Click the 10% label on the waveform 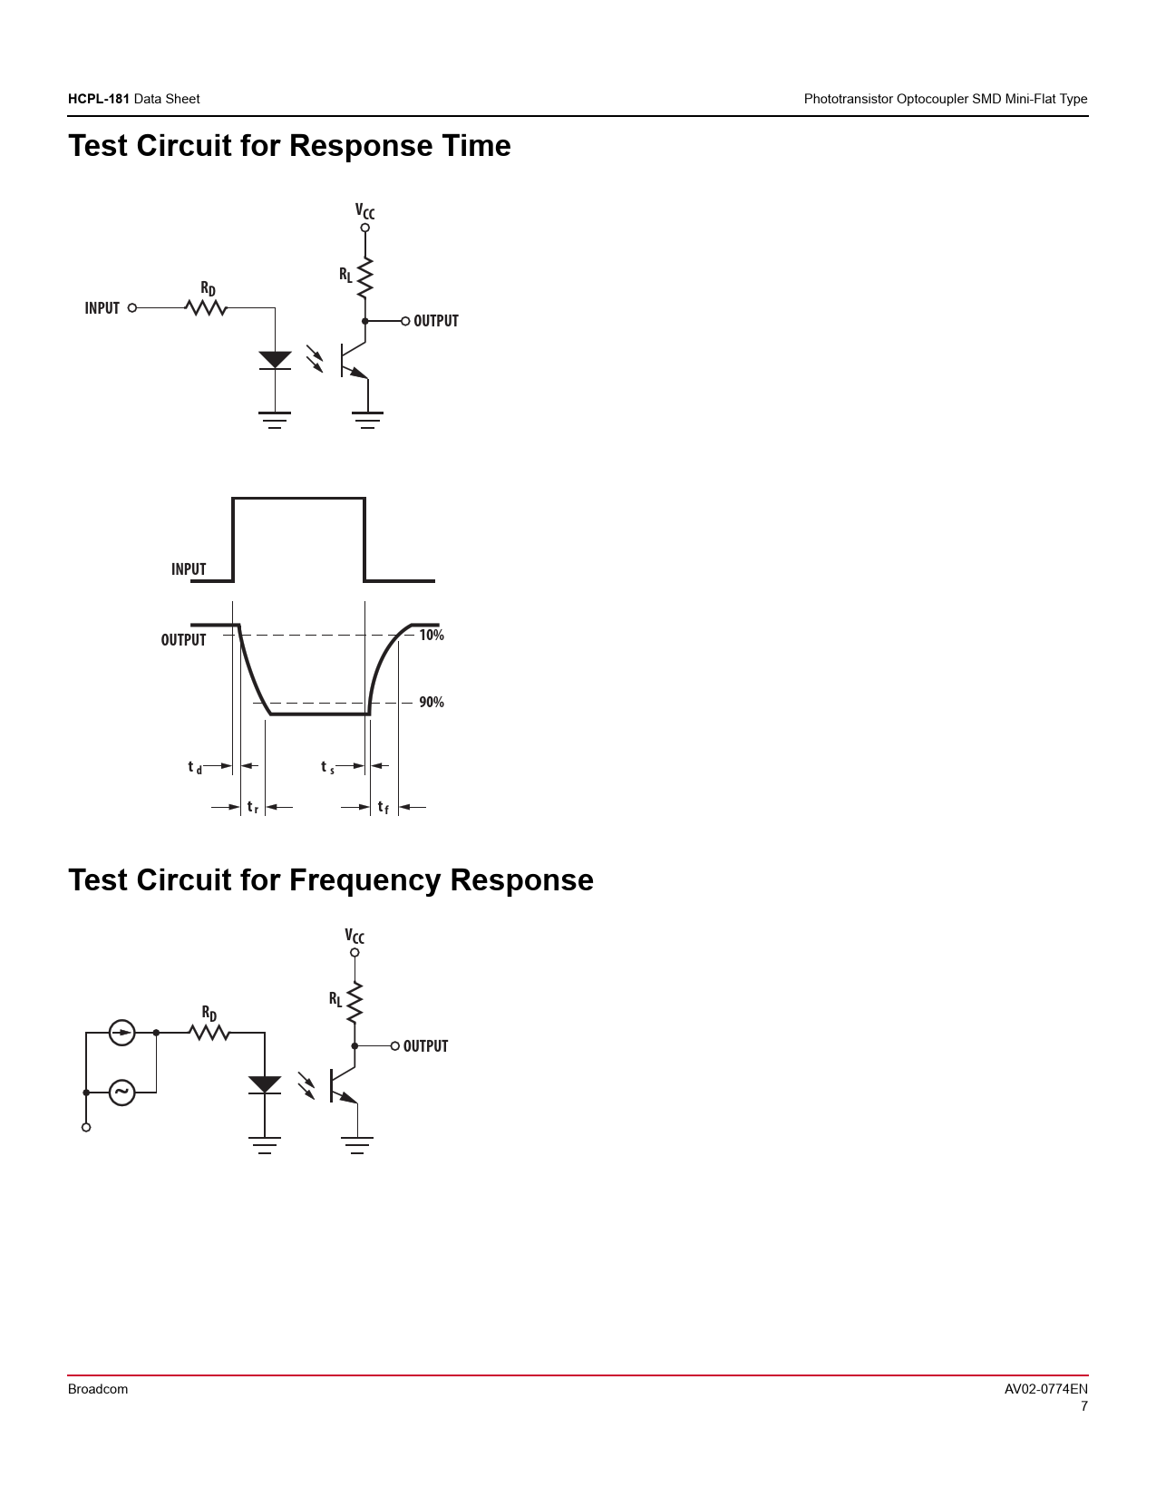click(x=432, y=636)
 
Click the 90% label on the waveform click(x=432, y=703)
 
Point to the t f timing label click(x=383, y=807)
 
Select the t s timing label click(x=327, y=768)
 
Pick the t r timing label click(x=252, y=807)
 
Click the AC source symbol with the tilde click(x=121, y=1093)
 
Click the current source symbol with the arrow click(x=121, y=1033)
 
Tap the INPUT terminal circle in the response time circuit click(x=132, y=308)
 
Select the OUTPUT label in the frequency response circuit click(x=425, y=1046)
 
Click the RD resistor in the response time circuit click(x=206, y=308)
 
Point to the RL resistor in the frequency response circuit click(x=355, y=1001)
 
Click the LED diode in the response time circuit click(x=275, y=360)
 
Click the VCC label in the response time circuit click(x=364, y=212)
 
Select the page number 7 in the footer click(x=1083, y=1407)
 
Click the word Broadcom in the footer click(x=98, y=1389)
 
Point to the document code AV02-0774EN click(x=1045, y=1389)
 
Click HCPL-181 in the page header click(x=99, y=99)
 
